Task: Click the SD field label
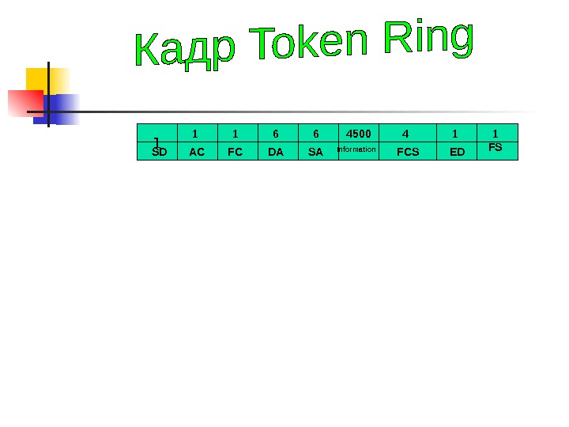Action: tap(159, 152)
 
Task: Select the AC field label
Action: tap(197, 152)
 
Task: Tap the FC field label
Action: tap(236, 152)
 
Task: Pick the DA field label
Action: tap(276, 152)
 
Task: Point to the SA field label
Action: tap(315, 152)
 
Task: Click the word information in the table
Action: tap(357, 149)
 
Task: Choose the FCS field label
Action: tap(408, 152)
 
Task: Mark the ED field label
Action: tap(458, 152)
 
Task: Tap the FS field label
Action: tap(496, 147)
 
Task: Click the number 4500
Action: tap(359, 133)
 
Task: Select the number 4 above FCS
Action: tap(405, 133)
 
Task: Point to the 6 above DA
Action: tap(276, 133)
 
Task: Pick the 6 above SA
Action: tap(315, 133)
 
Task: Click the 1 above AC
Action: tap(196, 133)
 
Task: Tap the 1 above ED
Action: tap(454, 133)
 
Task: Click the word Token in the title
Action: tap(309, 44)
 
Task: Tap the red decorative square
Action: tap(23, 103)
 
